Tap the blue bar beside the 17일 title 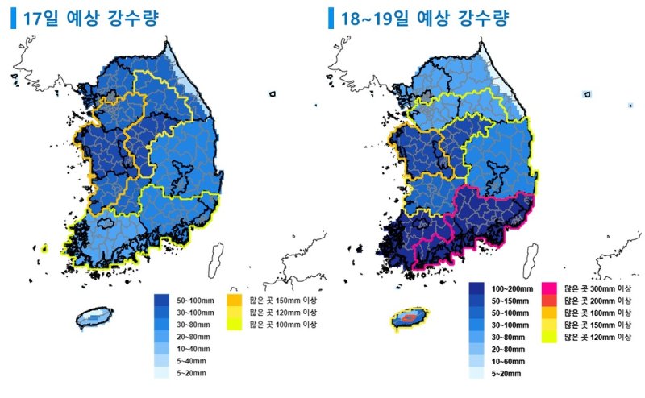click(x=13, y=18)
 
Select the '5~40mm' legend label click(x=192, y=361)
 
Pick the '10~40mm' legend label click(x=193, y=349)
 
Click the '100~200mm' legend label click(x=511, y=288)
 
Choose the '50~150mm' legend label click(x=509, y=300)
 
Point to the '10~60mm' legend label click(x=506, y=362)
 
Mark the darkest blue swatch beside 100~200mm click(x=476, y=288)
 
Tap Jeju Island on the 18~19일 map click(x=412, y=319)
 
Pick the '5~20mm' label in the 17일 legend click(x=192, y=374)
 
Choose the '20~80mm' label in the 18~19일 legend click(x=506, y=350)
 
